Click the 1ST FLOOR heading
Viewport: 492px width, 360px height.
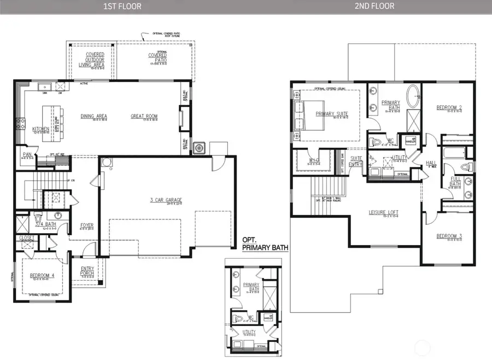(124, 7)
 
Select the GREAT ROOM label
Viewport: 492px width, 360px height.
(144, 116)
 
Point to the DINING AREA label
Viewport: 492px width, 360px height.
(93, 116)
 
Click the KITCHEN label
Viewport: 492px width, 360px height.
(40, 129)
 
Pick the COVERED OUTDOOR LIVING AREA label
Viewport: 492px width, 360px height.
(91, 60)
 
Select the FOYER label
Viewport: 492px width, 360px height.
(86, 224)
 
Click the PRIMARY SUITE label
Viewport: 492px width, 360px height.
(332, 114)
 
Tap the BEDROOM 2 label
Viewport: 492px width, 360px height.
(449, 107)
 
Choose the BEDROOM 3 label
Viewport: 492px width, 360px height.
(449, 236)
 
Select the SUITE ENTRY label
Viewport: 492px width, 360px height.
(356, 161)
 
